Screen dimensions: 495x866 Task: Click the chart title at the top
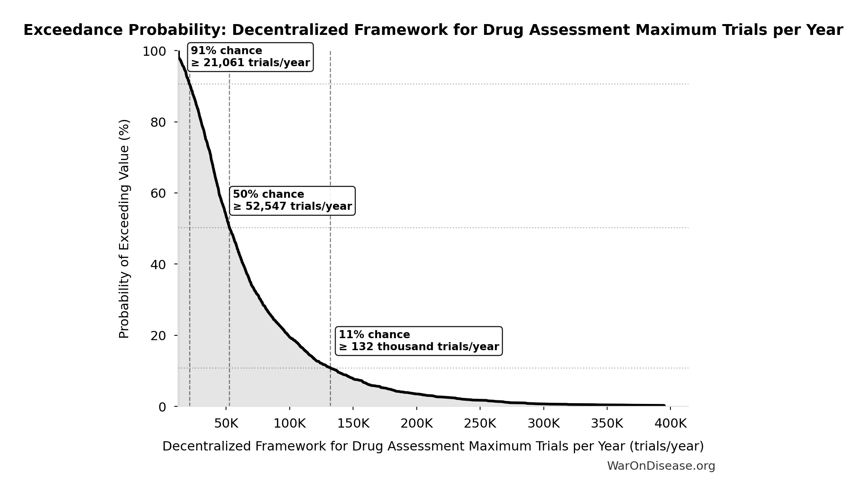[433, 30]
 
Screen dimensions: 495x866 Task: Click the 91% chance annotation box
[250, 57]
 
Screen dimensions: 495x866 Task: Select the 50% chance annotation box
[292, 201]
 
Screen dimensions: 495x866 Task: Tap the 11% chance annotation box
[418, 341]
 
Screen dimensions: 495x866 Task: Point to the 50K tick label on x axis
[226, 424]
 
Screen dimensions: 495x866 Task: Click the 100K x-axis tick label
[289, 424]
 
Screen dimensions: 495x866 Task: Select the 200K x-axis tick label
[416, 424]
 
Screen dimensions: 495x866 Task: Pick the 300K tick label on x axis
[543, 424]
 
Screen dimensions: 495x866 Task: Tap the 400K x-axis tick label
[670, 424]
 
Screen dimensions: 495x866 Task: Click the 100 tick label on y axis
[154, 52]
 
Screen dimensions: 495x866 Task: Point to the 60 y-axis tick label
[158, 193]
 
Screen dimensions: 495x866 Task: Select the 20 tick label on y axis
[158, 336]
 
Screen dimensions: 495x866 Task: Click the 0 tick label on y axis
[162, 407]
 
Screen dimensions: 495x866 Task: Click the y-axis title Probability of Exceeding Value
[124, 229]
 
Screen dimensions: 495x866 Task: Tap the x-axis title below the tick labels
[433, 446]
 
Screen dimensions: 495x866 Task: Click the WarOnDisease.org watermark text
[661, 466]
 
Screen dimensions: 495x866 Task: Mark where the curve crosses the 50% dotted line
[229, 227]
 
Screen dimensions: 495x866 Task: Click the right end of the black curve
[664, 405]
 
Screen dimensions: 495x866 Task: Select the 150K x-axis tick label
[353, 424]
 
